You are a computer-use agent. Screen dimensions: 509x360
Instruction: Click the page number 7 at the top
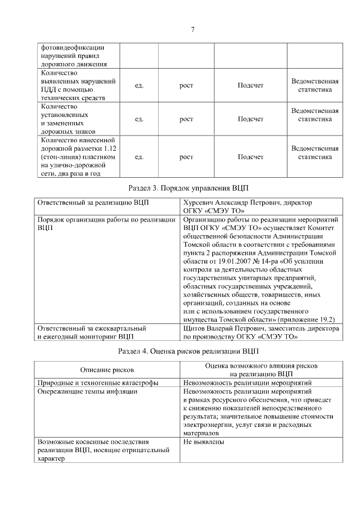pyautogui.click(x=192, y=29)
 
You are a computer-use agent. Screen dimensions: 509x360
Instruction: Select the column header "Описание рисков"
pyautogui.click(x=107, y=370)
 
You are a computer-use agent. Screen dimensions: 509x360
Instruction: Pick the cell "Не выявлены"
pyautogui.click(x=204, y=442)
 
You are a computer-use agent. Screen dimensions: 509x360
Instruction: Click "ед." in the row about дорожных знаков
pyautogui.click(x=139, y=119)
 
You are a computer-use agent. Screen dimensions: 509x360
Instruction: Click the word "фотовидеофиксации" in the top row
pyautogui.click(x=73, y=48)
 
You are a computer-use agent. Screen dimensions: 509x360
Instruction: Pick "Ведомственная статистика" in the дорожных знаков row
pyautogui.click(x=314, y=115)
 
